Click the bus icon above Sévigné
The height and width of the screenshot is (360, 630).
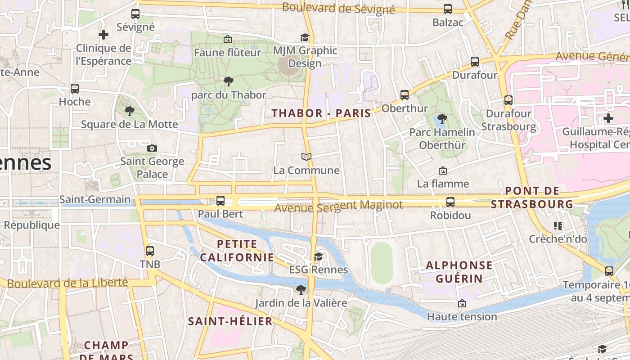click(135, 13)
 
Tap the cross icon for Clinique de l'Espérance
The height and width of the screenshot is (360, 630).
click(103, 35)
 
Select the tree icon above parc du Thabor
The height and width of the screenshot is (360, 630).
click(229, 81)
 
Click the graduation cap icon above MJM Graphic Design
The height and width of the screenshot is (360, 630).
click(305, 37)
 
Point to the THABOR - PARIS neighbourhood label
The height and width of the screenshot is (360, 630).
click(321, 113)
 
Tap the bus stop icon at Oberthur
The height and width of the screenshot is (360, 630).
click(405, 95)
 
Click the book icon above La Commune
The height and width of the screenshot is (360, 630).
click(306, 157)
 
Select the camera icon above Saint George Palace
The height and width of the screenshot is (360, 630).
click(152, 148)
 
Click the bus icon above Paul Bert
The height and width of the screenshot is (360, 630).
click(220, 201)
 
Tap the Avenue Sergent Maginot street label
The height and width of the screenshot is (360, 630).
click(338, 207)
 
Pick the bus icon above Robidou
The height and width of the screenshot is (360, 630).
click(450, 202)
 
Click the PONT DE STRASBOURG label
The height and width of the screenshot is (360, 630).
click(532, 198)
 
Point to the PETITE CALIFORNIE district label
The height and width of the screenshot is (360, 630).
click(237, 251)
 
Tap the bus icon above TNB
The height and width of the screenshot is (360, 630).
click(150, 251)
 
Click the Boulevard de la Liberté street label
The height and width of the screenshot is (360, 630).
click(67, 283)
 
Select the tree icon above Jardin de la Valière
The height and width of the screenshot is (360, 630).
click(301, 289)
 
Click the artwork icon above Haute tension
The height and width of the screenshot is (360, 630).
click(462, 303)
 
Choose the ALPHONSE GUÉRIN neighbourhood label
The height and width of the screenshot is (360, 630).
click(459, 271)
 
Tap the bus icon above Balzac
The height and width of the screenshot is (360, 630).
click(448, 9)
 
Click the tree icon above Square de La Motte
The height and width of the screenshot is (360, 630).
click(130, 111)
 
